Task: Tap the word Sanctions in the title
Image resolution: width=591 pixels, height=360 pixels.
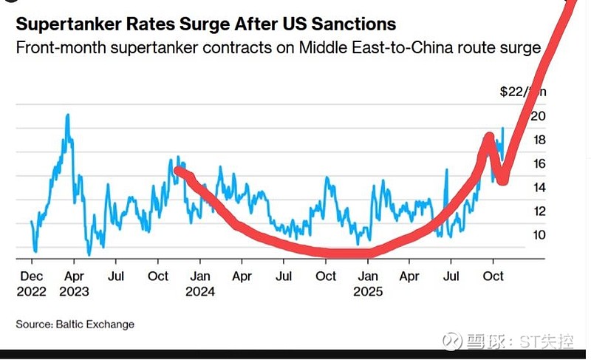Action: (352, 25)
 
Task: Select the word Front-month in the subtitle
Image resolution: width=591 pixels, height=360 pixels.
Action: (53, 49)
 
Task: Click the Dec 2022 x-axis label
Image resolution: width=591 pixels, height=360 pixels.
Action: (32, 283)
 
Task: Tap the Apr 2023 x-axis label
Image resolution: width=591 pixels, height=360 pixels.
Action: (74, 283)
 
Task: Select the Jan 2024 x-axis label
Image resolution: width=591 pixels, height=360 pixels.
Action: (200, 283)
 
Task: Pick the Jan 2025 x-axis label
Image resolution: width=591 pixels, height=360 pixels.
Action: (368, 283)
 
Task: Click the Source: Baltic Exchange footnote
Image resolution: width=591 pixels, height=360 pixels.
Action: (75, 324)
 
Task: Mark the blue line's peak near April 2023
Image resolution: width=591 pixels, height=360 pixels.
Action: (67, 115)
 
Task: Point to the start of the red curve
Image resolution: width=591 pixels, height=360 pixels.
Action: (177, 170)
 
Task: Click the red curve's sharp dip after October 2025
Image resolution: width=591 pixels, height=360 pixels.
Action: (503, 181)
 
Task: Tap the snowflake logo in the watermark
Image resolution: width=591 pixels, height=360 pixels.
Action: (452, 342)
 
